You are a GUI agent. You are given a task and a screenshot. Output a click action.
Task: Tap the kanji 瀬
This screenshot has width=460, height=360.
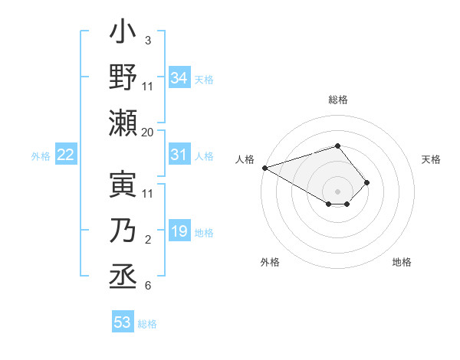(123, 122)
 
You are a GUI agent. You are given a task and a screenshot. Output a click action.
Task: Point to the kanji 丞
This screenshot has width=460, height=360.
(123, 275)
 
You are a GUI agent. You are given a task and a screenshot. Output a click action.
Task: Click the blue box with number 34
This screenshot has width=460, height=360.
(179, 77)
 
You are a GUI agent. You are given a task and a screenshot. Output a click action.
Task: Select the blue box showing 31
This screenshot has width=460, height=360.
(179, 155)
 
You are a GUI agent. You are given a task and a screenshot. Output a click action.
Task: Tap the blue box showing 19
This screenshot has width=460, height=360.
(179, 232)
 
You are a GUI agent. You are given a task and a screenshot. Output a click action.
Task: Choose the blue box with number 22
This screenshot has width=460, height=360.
(66, 155)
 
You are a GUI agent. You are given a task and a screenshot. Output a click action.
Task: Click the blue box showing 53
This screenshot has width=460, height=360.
(123, 322)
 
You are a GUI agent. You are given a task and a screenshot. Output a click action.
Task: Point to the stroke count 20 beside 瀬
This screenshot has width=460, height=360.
(148, 132)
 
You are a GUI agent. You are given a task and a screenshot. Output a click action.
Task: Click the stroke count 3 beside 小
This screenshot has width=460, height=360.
(148, 40)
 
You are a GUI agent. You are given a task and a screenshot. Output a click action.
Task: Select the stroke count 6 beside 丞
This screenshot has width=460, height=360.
(148, 286)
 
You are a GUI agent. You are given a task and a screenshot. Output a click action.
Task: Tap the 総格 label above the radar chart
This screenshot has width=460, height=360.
(337, 100)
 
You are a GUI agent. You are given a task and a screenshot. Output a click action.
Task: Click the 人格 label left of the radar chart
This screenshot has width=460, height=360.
(245, 159)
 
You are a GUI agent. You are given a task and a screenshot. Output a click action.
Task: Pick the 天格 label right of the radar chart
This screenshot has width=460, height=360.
(431, 159)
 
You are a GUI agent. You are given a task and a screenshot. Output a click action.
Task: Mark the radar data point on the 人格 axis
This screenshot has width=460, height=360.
(264, 168)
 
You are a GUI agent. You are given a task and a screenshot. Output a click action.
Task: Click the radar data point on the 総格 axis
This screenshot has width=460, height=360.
(337, 146)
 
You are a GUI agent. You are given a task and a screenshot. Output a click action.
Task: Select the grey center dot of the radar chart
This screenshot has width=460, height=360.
(337, 191)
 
